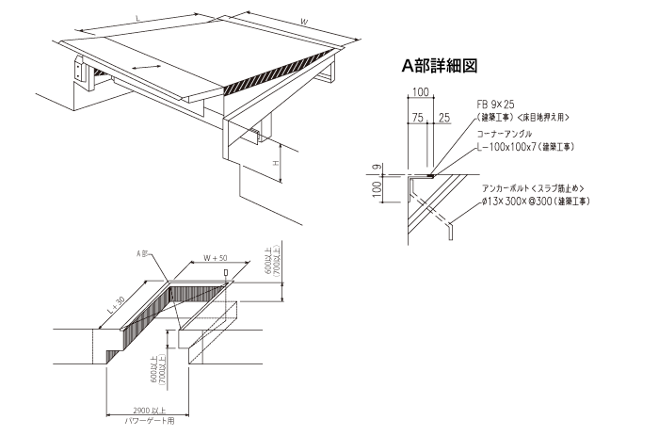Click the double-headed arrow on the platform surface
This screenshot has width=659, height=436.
[x=147, y=67]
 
